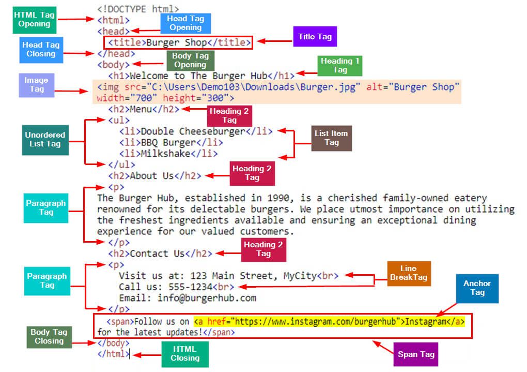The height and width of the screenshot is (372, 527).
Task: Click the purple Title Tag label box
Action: pos(315,37)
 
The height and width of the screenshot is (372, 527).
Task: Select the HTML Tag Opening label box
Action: pos(35,19)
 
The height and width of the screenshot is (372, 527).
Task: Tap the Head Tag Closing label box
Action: pos(41,49)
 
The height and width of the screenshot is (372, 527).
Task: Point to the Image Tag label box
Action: pos(36,84)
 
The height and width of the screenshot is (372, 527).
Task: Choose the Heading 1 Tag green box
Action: pos(339,65)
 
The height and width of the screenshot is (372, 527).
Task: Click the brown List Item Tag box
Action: pos(331,138)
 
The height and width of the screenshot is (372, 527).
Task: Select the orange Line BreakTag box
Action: pos(408,273)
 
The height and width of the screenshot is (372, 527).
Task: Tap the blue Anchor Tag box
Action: pos(477,288)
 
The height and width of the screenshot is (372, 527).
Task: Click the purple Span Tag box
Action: pos(415,355)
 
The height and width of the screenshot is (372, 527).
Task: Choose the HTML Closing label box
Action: pos(185,354)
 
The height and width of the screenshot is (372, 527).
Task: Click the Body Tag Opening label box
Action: pos(190,61)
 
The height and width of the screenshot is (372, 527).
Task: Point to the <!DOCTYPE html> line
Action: pos(138,9)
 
